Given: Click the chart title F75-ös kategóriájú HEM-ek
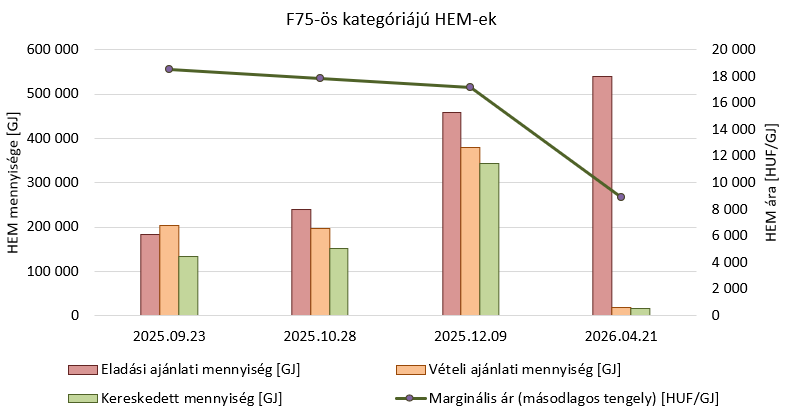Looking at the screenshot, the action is (390, 19).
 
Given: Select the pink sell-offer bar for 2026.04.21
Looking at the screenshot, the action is (602, 196).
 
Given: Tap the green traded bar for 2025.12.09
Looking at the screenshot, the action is (489, 239).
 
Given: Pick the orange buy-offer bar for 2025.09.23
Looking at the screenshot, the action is (169, 270).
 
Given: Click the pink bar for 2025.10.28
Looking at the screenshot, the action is (301, 262).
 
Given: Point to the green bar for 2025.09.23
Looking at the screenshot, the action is (188, 286).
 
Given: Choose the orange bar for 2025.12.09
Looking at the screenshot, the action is (470, 231).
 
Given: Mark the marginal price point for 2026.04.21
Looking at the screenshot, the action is (620, 197).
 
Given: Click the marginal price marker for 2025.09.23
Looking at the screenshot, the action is (169, 69).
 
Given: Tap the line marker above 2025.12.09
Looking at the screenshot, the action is (470, 87).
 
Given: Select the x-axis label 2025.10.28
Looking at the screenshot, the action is (320, 337).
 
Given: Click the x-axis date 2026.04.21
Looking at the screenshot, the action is (620, 337).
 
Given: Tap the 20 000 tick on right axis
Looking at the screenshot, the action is (733, 49).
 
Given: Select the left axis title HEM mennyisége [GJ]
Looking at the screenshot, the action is (13, 182).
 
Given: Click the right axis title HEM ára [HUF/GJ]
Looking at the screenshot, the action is (772, 182).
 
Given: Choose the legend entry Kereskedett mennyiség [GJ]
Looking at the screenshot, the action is (175, 398).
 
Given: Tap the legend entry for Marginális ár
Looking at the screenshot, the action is (557, 398).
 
